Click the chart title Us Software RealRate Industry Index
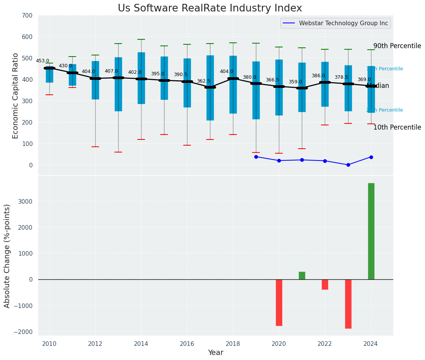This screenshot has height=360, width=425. (210, 8)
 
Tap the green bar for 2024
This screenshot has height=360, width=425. (371, 231)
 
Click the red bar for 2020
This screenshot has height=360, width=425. (279, 302)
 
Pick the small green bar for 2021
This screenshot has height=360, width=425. (302, 276)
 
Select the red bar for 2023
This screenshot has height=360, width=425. (348, 304)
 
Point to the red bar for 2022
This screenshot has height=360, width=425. (325, 284)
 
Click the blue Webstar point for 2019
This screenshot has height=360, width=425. (256, 157)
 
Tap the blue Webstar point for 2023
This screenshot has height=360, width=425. (348, 165)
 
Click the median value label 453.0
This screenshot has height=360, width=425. (42, 61)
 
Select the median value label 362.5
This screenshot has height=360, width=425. (204, 81)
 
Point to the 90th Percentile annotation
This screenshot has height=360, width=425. (397, 46)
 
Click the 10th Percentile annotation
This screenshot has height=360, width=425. (397, 127)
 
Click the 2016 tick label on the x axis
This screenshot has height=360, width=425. (187, 344)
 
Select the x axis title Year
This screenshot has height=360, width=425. (216, 353)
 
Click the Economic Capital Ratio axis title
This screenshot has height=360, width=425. (16, 96)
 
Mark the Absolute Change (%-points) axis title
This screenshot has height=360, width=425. (7, 256)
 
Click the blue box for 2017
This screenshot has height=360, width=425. (210, 88)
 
